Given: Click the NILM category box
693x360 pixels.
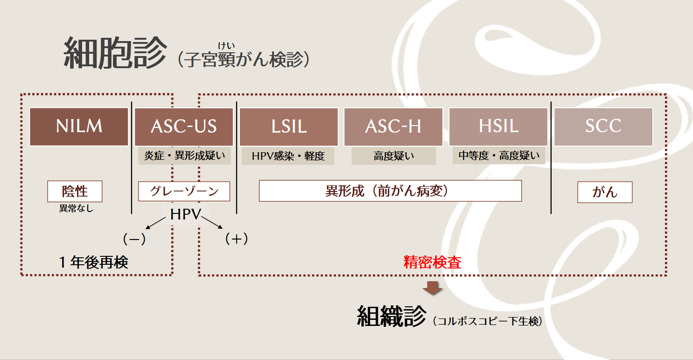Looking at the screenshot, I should [x=79, y=127].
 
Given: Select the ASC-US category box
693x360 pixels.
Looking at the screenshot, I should [x=184, y=127].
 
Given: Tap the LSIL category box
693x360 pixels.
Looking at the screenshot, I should [x=288, y=127].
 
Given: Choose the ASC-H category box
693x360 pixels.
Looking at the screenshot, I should [x=393, y=127].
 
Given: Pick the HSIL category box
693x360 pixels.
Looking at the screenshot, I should [x=498, y=127].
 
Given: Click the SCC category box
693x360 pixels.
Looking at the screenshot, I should [x=603, y=127].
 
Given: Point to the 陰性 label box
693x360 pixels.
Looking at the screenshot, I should [x=75, y=191].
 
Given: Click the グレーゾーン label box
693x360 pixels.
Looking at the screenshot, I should [x=184, y=191].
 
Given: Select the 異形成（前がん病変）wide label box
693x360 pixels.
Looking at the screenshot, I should [x=390, y=191].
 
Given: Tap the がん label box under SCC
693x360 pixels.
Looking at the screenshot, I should [x=605, y=192].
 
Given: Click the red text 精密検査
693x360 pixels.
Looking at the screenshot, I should [x=432, y=262].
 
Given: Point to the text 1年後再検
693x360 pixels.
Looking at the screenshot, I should [x=93, y=262].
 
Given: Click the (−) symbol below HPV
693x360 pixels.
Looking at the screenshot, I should [x=134, y=239].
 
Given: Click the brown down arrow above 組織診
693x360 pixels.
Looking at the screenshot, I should [x=433, y=288].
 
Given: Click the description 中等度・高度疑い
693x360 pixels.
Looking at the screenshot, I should [x=498, y=155].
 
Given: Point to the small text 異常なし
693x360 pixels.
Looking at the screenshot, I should [x=76, y=208].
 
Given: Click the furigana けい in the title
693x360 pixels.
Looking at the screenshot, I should [x=226, y=45].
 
